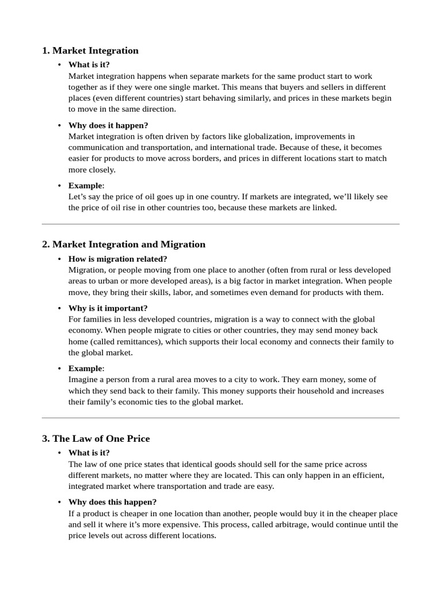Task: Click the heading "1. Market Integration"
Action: [x=90, y=51]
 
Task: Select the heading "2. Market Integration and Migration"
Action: [x=124, y=244]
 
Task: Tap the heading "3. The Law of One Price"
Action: [x=96, y=439]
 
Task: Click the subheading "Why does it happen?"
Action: [x=108, y=125]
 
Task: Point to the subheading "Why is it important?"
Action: [x=108, y=308]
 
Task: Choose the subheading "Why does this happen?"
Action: [x=112, y=502]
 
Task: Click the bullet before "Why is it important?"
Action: [x=60, y=308]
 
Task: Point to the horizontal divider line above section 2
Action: [x=220, y=224]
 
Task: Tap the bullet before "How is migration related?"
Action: [x=60, y=259]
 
